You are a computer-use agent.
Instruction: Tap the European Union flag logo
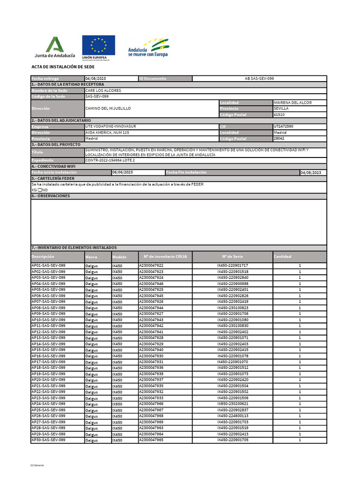pos(98,48)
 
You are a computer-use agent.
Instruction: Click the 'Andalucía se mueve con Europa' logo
pos(148,48)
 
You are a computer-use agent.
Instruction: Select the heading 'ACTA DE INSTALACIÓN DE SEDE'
pos(63,67)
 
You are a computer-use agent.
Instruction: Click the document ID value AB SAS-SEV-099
pos(259,79)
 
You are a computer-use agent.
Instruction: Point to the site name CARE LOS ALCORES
pos(103,90)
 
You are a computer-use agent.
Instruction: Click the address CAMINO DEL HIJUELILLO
pos(108,108)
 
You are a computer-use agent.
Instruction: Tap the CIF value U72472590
pos(284,127)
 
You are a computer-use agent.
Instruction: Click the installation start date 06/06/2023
pos(122,172)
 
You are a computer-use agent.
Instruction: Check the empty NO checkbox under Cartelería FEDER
pos(40,190)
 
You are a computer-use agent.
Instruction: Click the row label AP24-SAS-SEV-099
pos(48,404)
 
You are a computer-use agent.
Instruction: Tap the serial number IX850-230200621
pos(232,404)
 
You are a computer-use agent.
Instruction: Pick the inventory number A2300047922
pos(151,266)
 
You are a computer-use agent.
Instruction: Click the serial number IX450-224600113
pos(232,416)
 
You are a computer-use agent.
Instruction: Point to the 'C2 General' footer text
pos(37,465)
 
